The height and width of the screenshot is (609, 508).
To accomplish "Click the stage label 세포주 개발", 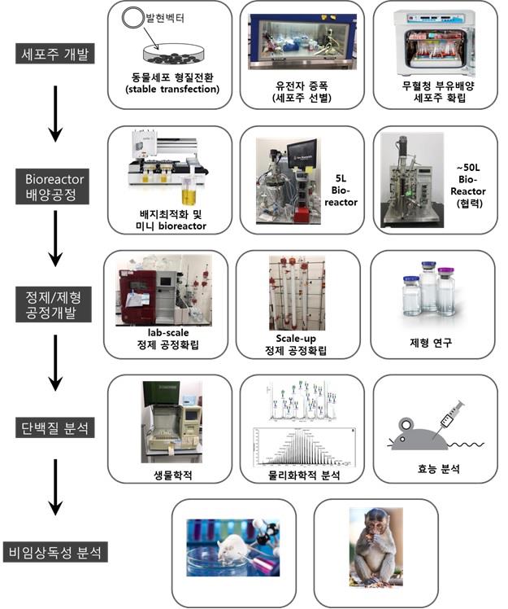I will tap(55, 55).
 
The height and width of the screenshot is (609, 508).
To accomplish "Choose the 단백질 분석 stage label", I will tap(55, 426).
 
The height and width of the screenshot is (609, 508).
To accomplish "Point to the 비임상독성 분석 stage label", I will tap(55, 551).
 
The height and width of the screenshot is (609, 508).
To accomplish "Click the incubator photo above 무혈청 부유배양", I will tap(432, 39).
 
